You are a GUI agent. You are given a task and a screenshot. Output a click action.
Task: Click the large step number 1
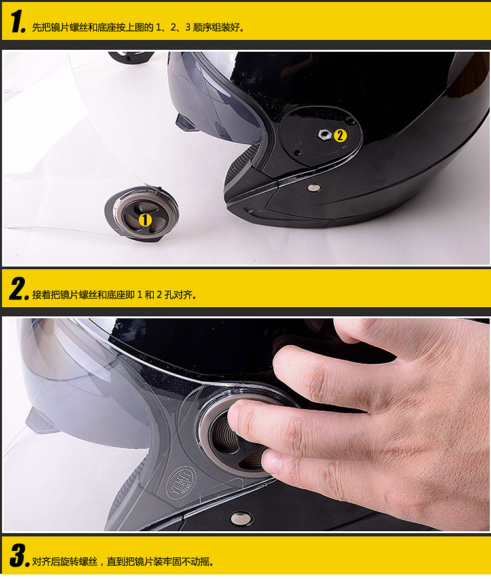[x=18, y=22]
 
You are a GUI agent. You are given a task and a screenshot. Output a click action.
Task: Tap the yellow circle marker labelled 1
[x=145, y=220]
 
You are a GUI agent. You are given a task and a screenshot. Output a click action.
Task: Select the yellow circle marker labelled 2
[x=340, y=136]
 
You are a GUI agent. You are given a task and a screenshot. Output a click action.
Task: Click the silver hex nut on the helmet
[x=325, y=134]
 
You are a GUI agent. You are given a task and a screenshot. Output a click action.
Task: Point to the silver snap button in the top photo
[x=314, y=187]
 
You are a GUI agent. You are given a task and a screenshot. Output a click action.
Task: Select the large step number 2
[x=19, y=289]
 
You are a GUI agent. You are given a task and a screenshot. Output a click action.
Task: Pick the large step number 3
[x=19, y=555]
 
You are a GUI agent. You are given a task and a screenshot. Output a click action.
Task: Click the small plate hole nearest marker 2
[x=349, y=121]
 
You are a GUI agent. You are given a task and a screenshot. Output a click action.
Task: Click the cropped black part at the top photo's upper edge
[x=131, y=56]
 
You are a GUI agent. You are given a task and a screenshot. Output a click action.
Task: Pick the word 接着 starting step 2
[x=41, y=295]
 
